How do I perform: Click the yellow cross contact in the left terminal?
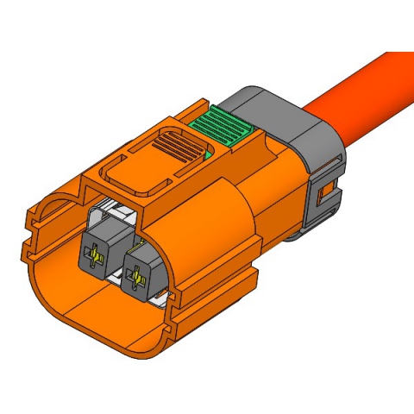pos(94,254)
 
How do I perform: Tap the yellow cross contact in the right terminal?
pos(135,278)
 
